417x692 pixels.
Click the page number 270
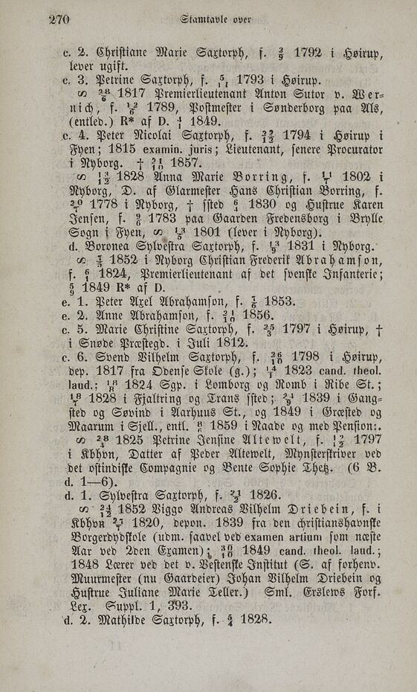tap(59, 19)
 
